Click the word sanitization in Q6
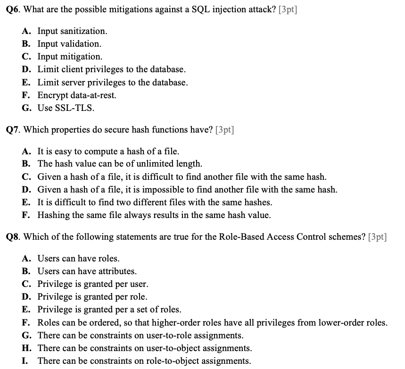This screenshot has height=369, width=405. point(83,31)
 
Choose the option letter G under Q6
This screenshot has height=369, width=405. point(26,108)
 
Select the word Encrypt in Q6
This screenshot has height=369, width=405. point(52,95)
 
